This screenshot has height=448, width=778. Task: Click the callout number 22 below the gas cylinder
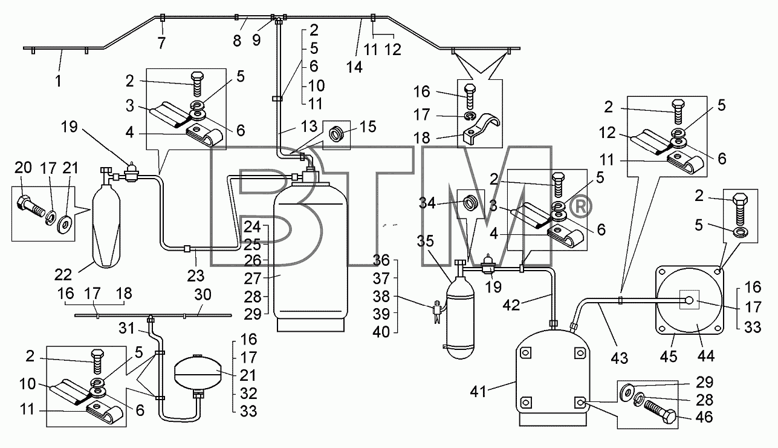(63, 275)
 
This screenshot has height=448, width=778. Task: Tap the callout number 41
(478, 392)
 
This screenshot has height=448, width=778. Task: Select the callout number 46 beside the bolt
(704, 417)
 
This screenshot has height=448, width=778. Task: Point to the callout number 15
(368, 127)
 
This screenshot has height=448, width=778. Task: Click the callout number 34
(427, 203)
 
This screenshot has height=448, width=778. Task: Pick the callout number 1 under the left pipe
(59, 81)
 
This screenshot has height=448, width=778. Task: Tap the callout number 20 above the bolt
(23, 168)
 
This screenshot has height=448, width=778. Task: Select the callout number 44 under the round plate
(706, 356)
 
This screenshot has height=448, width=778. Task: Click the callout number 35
(426, 241)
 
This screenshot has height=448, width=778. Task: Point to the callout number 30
(203, 295)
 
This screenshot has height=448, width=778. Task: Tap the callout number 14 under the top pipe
(354, 67)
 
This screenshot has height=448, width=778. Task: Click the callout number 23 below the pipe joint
(195, 276)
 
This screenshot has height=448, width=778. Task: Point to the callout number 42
(511, 305)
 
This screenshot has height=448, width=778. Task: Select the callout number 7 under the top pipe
(161, 44)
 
